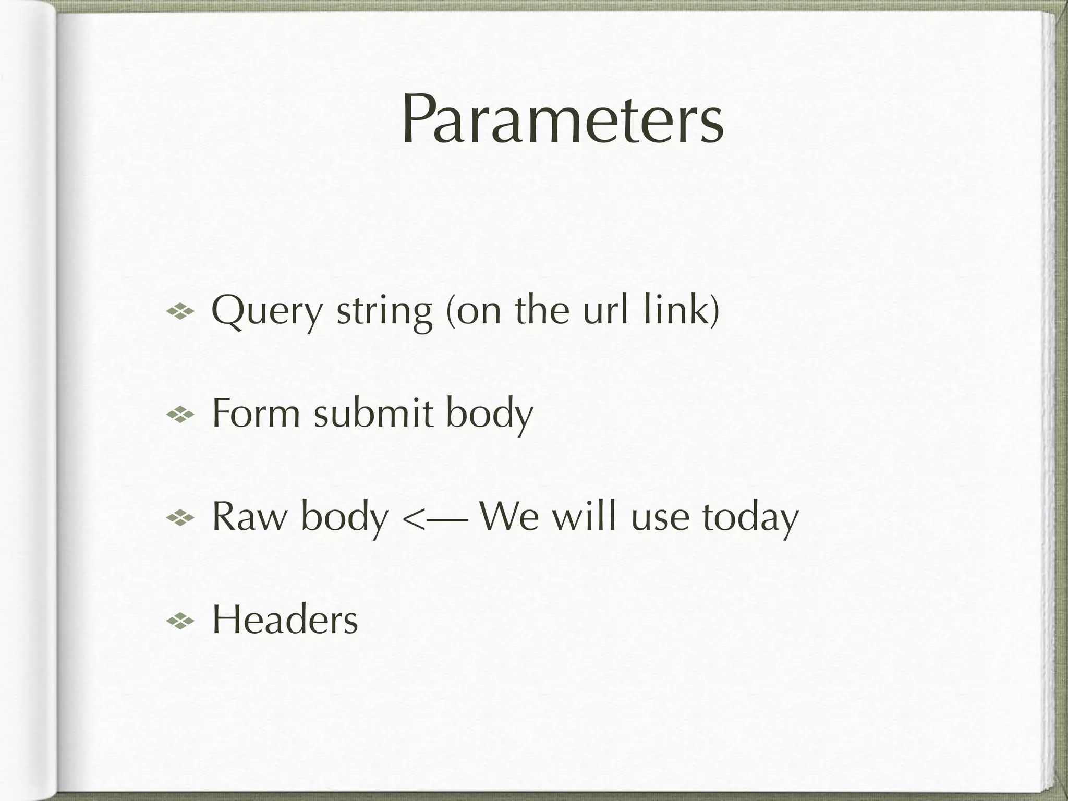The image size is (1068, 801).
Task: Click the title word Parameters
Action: coord(562,120)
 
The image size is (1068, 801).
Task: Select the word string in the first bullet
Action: coord(384,312)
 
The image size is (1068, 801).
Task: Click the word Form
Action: coord(256,413)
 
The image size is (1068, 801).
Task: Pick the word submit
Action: coord(373,413)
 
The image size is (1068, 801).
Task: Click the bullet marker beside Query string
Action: coord(180,312)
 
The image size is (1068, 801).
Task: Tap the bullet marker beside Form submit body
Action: coord(180,415)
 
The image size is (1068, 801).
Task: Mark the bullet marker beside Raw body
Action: coord(180,518)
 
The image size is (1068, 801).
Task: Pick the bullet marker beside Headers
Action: coord(180,621)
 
